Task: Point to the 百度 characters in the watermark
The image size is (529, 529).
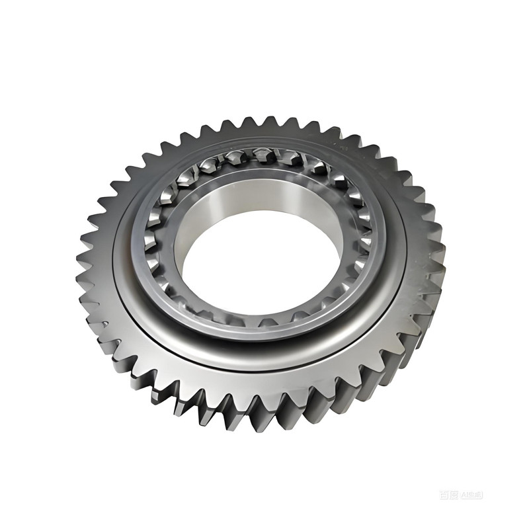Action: [448, 494]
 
